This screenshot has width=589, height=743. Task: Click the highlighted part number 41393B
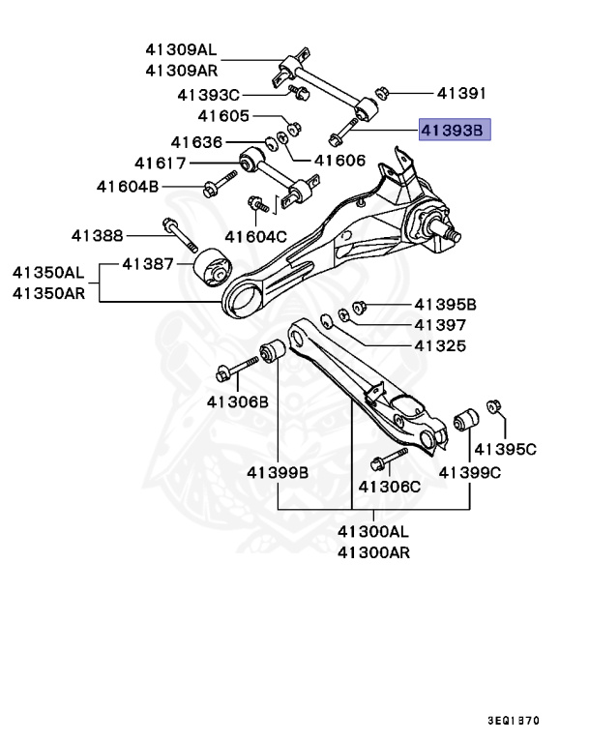pyautogui.click(x=455, y=129)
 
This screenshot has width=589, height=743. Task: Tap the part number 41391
pyautogui.click(x=460, y=94)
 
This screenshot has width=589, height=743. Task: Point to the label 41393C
pyautogui.click(x=208, y=95)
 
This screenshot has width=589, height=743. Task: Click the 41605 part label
pyautogui.click(x=224, y=116)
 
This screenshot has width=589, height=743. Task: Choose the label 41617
pyautogui.click(x=160, y=163)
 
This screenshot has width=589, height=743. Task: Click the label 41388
pyautogui.click(x=97, y=234)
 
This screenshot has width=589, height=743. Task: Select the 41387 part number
pyautogui.click(x=147, y=264)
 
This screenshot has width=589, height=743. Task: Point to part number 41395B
pyautogui.click(x=446, y=305)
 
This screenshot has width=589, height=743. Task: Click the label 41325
pyautogui.click(x=440, y=345)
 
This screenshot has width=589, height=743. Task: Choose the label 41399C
pyautogui.click(x=470, y=472)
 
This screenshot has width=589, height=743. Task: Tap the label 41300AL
pyautogui.click(x=373, y=531)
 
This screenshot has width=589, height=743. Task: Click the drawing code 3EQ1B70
pyautogui.click(x=513, y=721)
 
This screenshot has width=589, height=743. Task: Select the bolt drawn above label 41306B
pyautogui.click(x=235, y=367)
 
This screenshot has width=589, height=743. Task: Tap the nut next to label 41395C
pyautogui.click(x=495, y=405)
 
